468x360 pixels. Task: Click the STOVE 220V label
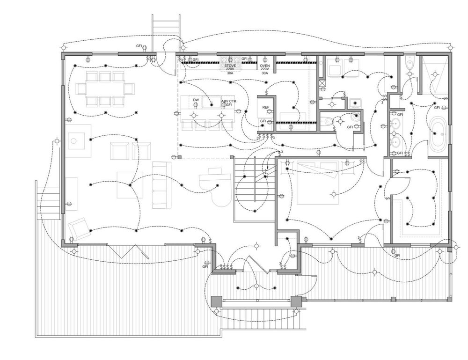[x=231, y=66]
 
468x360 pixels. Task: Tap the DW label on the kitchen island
[x=196, y=101]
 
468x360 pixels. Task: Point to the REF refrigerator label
[x=265, y=108]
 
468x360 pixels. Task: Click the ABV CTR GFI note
[x=229, y=103]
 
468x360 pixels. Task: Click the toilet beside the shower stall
[x=409, y=65]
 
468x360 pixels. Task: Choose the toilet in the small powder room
[x=329, y=121]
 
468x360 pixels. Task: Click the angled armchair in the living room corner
[x=79, y=228]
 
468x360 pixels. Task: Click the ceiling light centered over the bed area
[x=333, y=193]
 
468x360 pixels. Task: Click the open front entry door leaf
[x=258, y=265]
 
